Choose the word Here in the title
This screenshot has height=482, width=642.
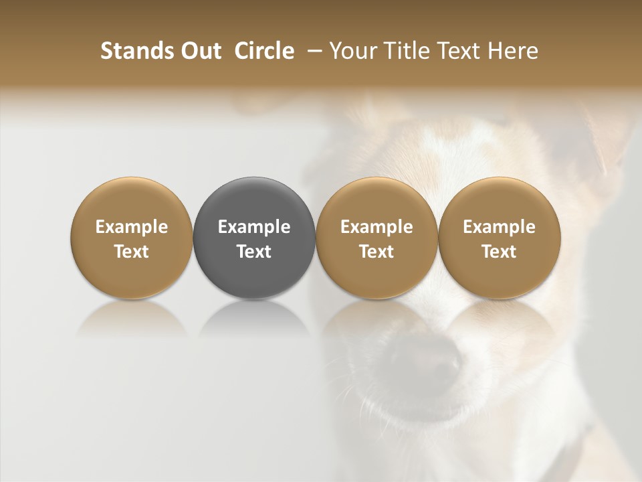tap(512, 52)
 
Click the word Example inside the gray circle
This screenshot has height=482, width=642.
tap(254, 227)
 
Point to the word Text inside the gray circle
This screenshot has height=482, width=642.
tap(254, 252)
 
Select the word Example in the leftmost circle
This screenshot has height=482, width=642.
tap(132, 227)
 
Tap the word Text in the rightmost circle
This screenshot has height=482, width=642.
tap(499, 252)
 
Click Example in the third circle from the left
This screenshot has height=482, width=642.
tap(377, 227)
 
